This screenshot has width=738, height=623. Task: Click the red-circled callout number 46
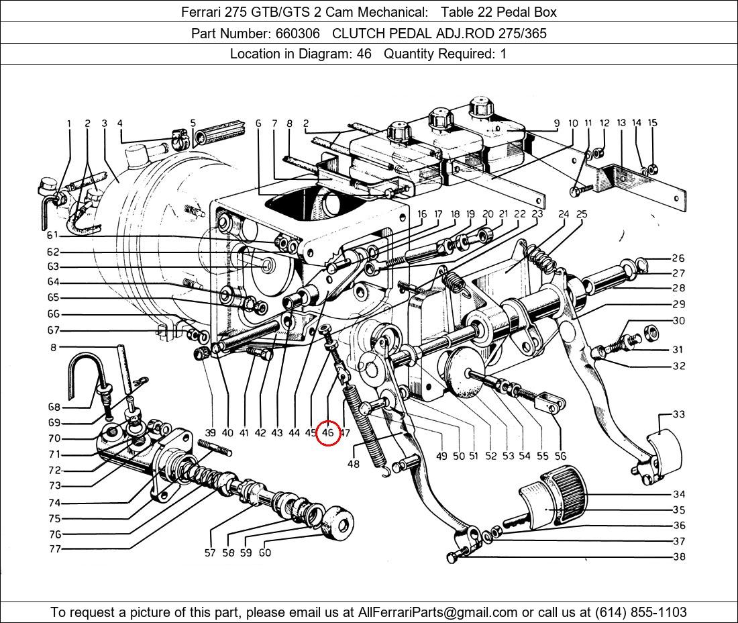click(x=327, y=433)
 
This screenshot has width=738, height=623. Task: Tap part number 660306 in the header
click(x=301, y=34)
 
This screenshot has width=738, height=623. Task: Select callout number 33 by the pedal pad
click(x=679, y=414)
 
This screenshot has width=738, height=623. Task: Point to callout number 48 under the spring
click(x=354, y=464)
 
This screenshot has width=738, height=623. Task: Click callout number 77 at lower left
click(x=54, y=549)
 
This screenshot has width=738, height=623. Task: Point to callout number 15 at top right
click(x=652, y=123)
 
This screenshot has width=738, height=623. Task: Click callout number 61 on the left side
click(x=53, y=235)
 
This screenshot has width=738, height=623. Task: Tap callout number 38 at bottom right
click(x=679, y=557)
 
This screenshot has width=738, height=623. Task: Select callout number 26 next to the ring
click(x=678, y=258)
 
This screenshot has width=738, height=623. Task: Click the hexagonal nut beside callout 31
click(x=649, y=332)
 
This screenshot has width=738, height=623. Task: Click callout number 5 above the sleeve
click(x=193, y=124)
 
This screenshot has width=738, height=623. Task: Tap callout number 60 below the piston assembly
click(x=265, y=553)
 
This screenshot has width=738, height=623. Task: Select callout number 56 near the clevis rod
click(x=560, y=456)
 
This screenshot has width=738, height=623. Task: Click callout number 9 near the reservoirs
click(x=556, y=124)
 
